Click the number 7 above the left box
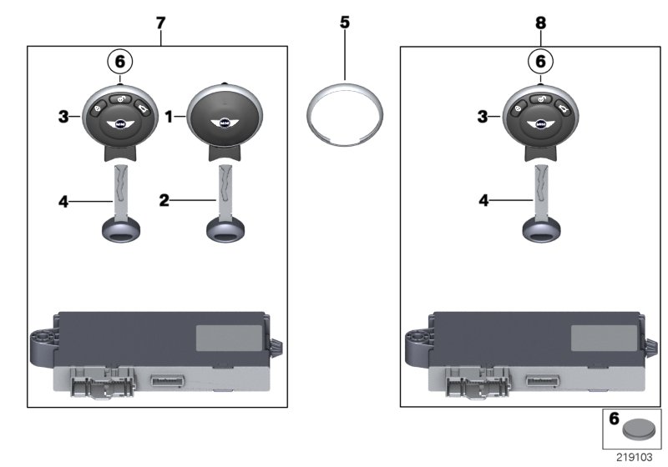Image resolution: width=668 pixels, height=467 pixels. click(161, 23)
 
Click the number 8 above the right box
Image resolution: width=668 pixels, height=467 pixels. click(540, 23)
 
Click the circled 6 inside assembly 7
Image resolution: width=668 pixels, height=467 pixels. click(119, 61)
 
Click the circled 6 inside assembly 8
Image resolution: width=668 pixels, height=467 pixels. click(540, 61)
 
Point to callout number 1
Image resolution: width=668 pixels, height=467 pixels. click(170, 118)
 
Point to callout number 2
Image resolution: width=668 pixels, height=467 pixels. click(165, 201)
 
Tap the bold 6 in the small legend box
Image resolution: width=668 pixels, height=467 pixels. click(614, 422)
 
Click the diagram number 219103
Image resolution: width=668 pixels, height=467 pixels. click(635, 457)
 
